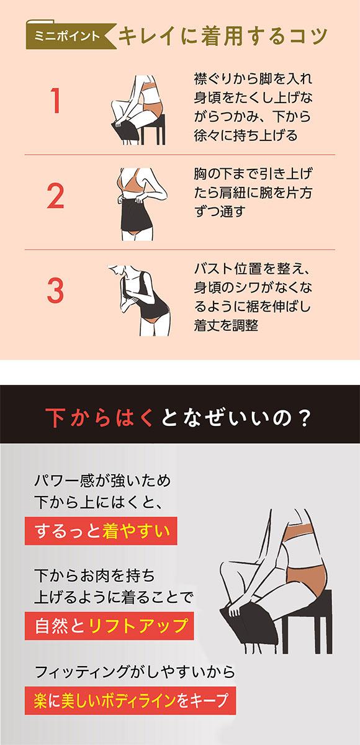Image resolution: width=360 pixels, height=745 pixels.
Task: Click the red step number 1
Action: click(x=56, y=102)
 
